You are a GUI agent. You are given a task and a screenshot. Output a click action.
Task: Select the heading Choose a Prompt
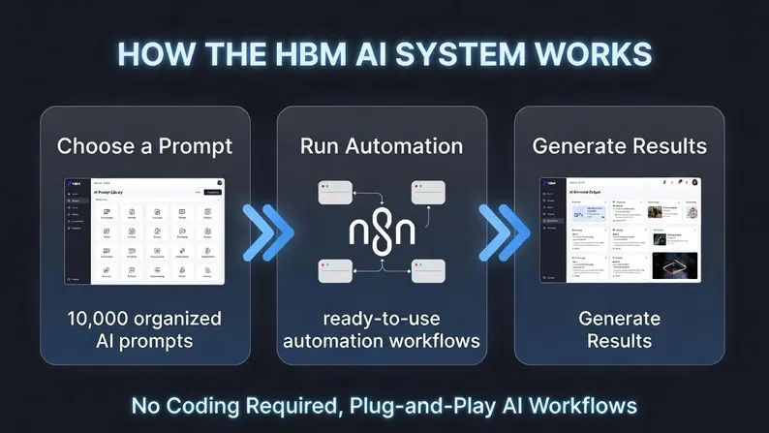(144, 147)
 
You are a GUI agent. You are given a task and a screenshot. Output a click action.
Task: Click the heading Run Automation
(382, 147)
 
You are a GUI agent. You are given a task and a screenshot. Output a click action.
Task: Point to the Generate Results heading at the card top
(620, 147)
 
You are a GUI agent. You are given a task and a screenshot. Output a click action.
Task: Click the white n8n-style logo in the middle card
(381, 232)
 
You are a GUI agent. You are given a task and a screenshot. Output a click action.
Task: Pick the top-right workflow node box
(427, 190)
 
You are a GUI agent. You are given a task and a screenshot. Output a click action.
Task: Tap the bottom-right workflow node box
(427, 272)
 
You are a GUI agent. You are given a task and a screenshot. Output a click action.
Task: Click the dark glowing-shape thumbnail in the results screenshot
(674, 264)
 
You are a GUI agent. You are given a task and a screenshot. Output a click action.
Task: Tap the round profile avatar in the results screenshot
(693, 182)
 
